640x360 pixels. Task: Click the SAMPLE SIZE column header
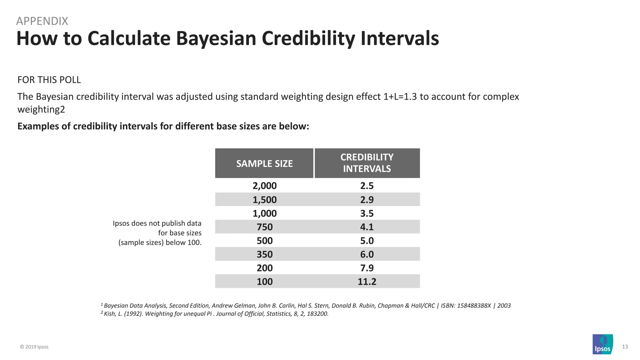(x=264, y=163)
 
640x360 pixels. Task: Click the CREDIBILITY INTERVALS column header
(x=367, y=163)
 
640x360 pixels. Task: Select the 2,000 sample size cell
(x=264, y=186)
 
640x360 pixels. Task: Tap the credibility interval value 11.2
(x=367, y=282)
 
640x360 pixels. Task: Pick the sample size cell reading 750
(x=264, y=227)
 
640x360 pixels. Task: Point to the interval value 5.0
(x=367, y=241)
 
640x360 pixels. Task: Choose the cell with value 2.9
(x=367, y=200)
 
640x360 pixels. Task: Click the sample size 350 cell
(x=264, y=254)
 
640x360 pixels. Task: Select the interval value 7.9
(x=367, y=268)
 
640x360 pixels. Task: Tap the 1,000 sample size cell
(x=264, y=213)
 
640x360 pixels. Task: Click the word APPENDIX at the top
(x=42, y=21)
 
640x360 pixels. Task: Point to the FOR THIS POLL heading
(x=49, y=80)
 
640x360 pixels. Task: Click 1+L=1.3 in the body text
(x=400, y=97)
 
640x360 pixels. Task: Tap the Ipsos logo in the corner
(x=602, y=344)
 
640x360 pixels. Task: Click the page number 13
(x=625, y=347)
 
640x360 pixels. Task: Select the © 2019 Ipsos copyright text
(x=34, y=347)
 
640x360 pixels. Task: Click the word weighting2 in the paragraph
(x=41, y=110)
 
